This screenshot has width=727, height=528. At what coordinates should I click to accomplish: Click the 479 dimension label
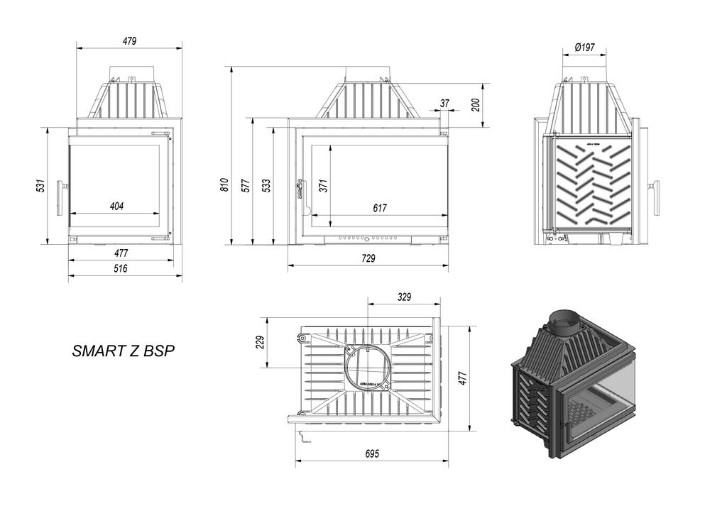click(x=129, y=41)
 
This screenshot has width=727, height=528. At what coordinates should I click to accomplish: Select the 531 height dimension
click(x=41, y=186)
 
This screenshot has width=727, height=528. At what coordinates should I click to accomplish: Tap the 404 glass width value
click(x=117, y=207)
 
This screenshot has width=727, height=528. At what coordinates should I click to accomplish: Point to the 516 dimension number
click(x=120, y=268)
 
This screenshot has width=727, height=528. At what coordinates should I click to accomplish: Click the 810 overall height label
click(x=224, y=185)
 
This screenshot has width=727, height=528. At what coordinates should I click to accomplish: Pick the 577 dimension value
click(x=246, y=185)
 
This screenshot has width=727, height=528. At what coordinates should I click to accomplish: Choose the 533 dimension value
click(x=266, y=185)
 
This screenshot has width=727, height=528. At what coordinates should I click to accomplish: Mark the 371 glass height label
click(x=323, y=185)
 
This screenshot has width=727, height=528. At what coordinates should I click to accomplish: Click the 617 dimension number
click(x=380, y=208)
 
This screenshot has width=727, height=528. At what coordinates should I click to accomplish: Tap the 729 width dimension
click(x=368, y=258)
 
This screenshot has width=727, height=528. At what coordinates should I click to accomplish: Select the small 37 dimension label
click(x=445, y=104)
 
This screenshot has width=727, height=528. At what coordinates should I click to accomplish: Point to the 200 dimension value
click(x=476, y=104)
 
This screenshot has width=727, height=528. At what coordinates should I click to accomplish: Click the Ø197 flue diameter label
click(x=584, y=48)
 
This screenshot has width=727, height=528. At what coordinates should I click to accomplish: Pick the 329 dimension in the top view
click(x=404, y=297)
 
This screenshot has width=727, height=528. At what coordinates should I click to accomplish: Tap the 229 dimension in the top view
click(x=260, y=343)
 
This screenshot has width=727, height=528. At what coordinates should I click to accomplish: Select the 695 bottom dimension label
click(x=372, y=453)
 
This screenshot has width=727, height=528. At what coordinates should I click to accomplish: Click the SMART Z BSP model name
click(x=124, y=351)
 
